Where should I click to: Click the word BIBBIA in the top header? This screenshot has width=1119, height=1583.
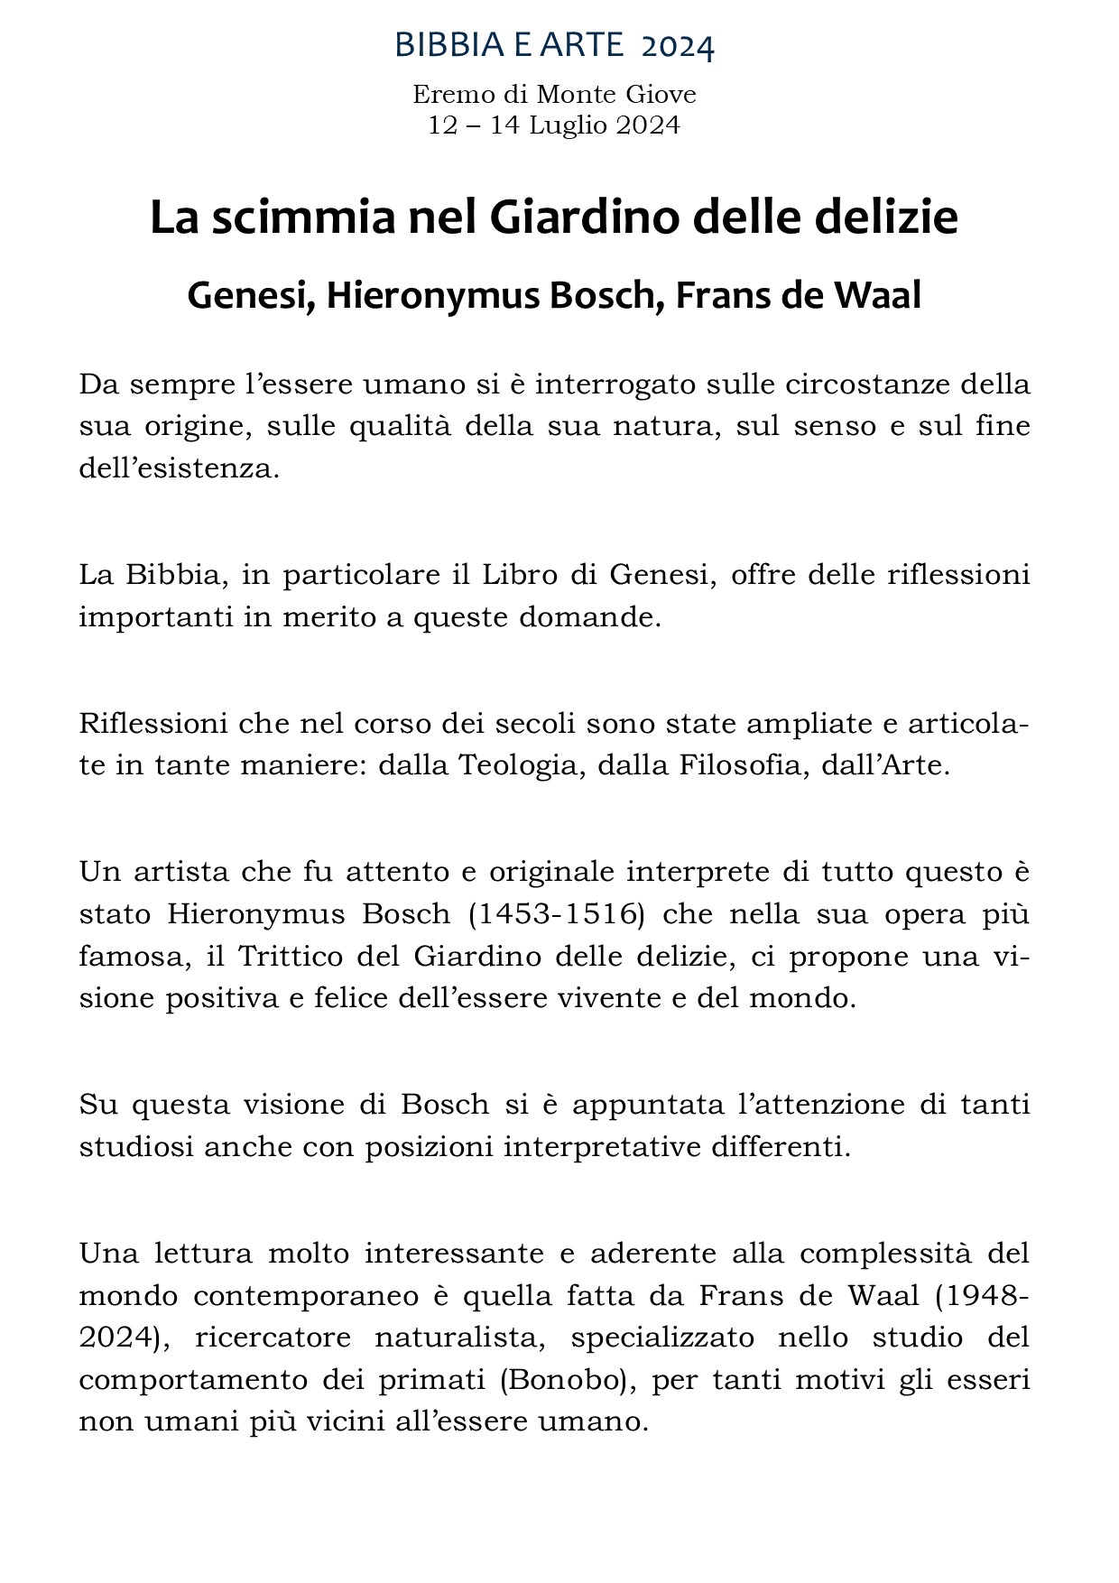tap(440, 45)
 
